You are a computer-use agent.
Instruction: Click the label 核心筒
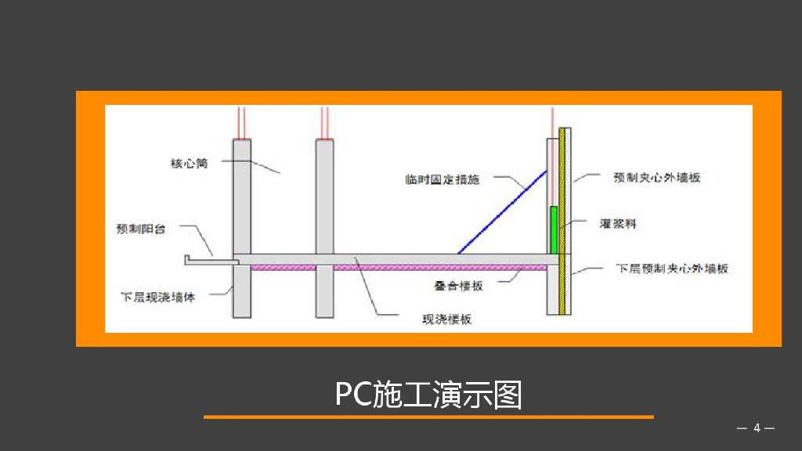(x=189, y=164)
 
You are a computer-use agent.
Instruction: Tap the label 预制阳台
(x=141, y=229)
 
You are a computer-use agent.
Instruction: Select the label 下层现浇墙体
(x=157, y=298)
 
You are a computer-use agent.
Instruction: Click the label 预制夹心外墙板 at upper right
(x=656, y=178)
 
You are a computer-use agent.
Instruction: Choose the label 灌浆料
(x=618, y=224)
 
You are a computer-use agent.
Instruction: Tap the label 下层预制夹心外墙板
(x=673, y=269)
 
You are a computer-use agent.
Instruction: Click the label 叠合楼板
(x=459, y=286)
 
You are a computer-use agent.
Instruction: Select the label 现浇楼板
(x=447, y=319)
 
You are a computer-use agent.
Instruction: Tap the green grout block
(x=555, y=230)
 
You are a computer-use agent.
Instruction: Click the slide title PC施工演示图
(x=428, y=395)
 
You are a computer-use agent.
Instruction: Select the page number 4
(x=757, y=428)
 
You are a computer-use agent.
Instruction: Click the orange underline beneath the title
(x=428, y=417)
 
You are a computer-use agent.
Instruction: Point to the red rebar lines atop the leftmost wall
(x=242, y=122)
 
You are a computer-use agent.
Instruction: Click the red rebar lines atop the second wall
(x=325, y=122)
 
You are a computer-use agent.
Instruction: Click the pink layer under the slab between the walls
(x=283, y=267)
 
